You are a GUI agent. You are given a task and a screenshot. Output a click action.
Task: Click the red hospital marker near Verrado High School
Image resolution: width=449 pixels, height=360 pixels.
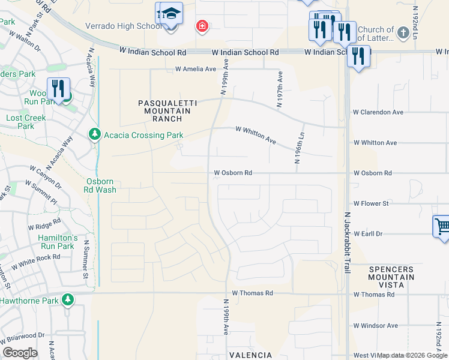click(x=202, y=26)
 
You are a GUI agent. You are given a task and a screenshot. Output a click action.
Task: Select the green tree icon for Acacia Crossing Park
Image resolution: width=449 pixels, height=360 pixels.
click(x=94, y=134)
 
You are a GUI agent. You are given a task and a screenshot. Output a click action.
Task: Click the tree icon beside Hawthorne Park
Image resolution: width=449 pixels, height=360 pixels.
click(x=68, y=299)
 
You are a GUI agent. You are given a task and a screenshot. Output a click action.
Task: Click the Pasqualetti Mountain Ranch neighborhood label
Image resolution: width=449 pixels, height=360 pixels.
click(x=164, y=111)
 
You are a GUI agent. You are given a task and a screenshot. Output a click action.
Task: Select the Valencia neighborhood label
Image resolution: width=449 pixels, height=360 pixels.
click(x=250, y=355)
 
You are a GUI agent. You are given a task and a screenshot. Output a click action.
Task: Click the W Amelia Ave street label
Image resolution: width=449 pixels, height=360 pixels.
click(x=195, y=69)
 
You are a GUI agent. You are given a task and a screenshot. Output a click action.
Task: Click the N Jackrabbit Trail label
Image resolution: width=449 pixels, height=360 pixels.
click(x=347, y=243)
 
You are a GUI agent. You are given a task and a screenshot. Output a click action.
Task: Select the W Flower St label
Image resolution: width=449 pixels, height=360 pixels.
click(x=371, y=203)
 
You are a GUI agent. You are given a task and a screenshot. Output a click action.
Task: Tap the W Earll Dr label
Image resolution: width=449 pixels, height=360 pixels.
click(x=369, y=233)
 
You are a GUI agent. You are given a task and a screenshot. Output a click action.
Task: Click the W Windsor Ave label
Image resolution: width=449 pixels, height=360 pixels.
click(x=375, y=326)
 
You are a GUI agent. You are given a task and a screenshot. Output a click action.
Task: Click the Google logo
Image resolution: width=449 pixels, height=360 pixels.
click(x=20, y=353)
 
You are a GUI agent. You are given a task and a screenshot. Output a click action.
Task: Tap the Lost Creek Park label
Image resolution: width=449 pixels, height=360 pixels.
click(x=26, y=122)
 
